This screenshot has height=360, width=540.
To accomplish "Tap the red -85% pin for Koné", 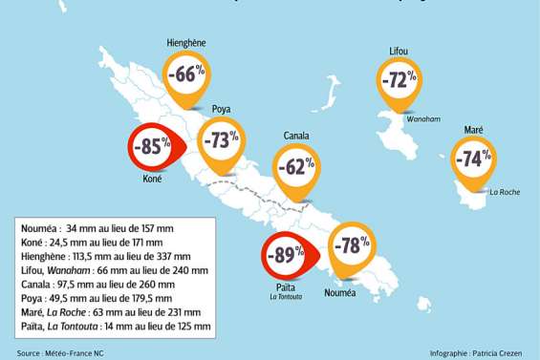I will pos(150,147).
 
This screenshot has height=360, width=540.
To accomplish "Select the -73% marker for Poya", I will pos(222,139).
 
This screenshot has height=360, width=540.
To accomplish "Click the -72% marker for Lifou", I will pos(399,79).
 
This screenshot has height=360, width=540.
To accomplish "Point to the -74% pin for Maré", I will pos(473,159).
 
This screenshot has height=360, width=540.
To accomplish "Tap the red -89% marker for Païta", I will pos(284,254).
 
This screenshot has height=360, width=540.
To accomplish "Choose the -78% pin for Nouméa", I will pos(351,245).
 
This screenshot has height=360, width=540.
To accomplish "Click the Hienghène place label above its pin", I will pos(186,43).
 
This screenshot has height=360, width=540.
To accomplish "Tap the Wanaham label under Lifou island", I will pos(422,120).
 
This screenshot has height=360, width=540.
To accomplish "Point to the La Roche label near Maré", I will pos(504,192).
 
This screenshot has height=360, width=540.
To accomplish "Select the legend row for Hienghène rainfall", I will pos(105,257).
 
